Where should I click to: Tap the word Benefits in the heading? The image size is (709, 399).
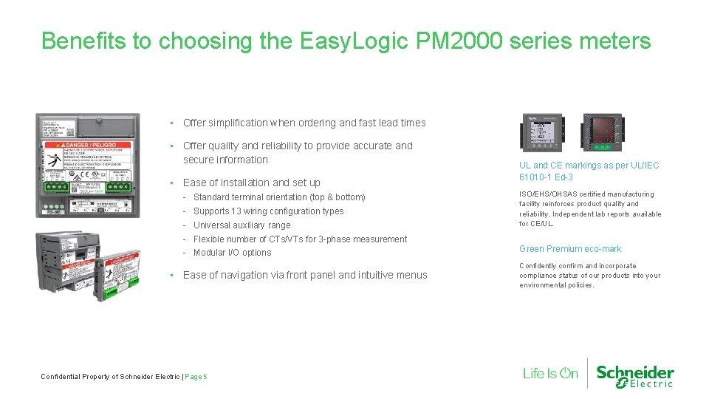click(83, 41)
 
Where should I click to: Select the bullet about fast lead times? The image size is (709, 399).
click(304, 123)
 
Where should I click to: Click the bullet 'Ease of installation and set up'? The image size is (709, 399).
click(251, 183)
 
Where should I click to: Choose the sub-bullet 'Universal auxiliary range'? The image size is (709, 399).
click(242, 225)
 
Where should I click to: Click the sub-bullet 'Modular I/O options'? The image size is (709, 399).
click(232, 253)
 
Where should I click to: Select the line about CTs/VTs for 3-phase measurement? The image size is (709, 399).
click(300, 239)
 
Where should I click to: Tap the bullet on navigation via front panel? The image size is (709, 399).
click(304, 275)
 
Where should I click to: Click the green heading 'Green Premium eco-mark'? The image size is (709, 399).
click(569, 249)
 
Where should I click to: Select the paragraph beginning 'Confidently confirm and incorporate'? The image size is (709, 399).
click(589, 275)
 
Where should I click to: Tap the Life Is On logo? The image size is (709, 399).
click(550, 373)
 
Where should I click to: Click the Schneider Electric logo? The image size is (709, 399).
click(634, 375)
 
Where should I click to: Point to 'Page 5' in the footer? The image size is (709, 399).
click(196, 377)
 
